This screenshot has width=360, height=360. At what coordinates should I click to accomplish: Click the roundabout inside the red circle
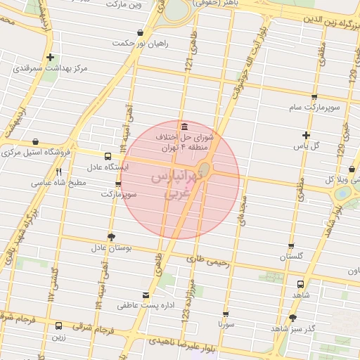pyautogui.click(x=205, y=169)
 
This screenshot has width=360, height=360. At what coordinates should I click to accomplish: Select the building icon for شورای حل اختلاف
pyautogui.click(x=184, y=126)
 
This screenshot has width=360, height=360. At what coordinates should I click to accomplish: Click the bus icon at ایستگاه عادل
pyautogui.click(x=107, y=157)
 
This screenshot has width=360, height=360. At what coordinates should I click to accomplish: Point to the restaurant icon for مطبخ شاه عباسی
pyautogui.click(x=59, y=171)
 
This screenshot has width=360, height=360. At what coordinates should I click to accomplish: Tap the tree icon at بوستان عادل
pyautogui.click(x=110, y=236)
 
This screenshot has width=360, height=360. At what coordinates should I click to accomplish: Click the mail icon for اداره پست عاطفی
pyautogui.click(x=146, y=295)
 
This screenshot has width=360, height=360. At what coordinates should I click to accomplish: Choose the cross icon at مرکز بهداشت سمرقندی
pyautogui.click(x=50, y=57)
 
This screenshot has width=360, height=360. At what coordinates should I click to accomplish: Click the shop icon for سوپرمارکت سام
pyautogui.click(x=314, y=96)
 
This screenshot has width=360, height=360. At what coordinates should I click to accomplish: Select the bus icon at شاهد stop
pyautogui.click(x=300, y=285)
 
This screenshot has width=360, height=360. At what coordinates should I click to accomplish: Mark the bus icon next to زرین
pyautogui.click(x=58, y=326)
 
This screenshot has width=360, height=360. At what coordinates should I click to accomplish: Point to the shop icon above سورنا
pyautogui.click(x=226, y=314)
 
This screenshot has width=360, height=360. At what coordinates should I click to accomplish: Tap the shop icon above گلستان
pyautogui.click(x=291, y=246)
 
